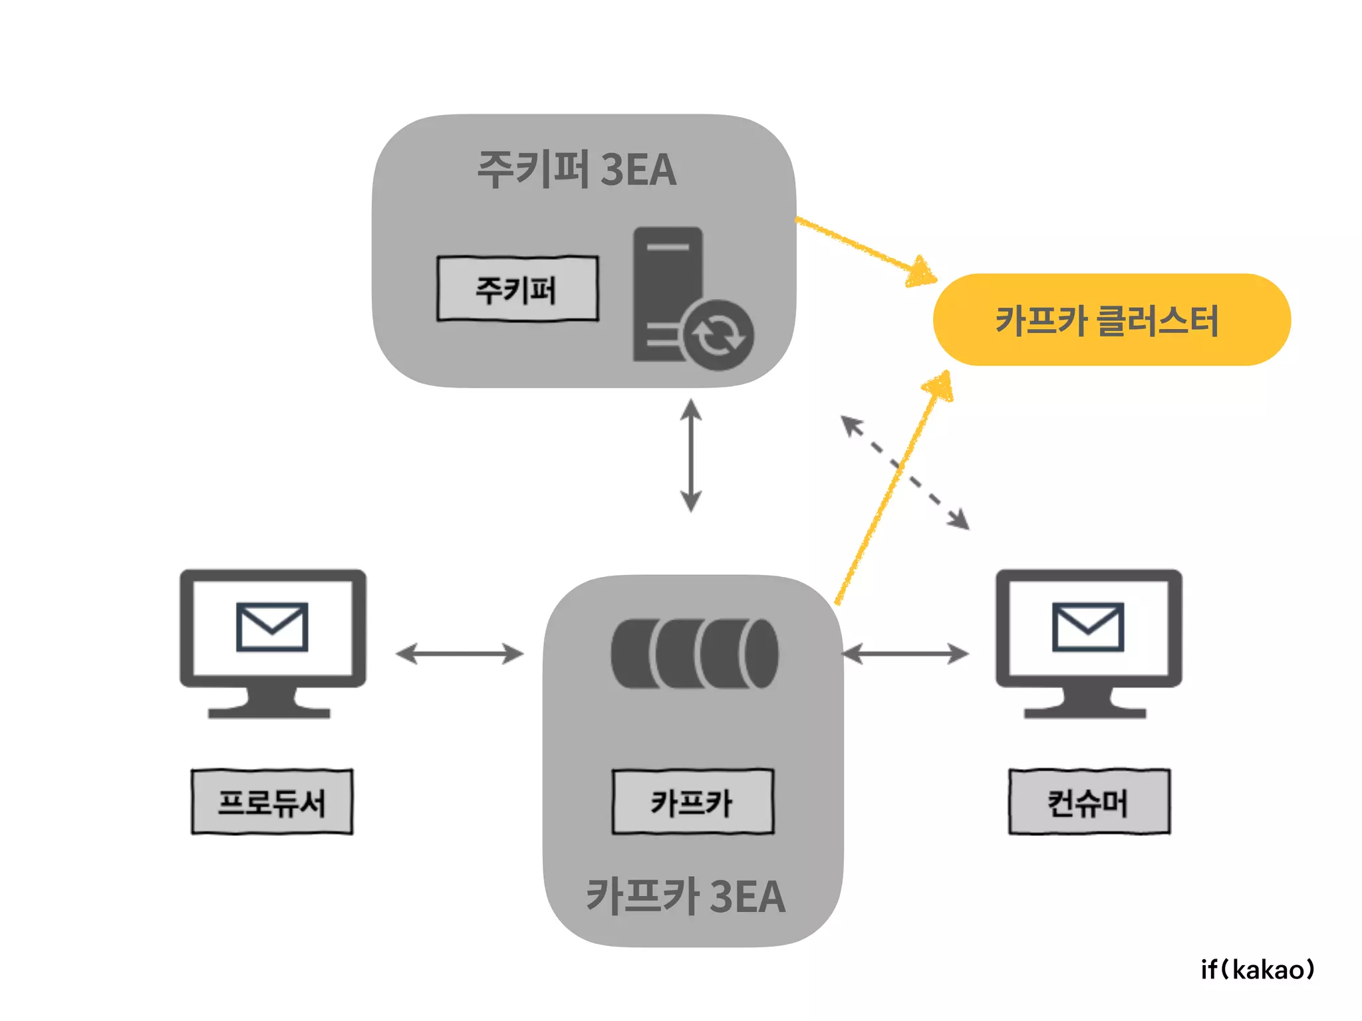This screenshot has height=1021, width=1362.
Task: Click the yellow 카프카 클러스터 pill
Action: pyautogui.click(x=1111, y=320)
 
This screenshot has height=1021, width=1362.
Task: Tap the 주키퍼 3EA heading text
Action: pyautogui.click(x=576, y=169)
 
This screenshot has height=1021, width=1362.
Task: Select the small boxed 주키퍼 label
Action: pyautogui.click(x=517, y=289)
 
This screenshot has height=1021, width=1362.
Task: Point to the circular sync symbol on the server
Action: pyautogui.click(x=718, y=335)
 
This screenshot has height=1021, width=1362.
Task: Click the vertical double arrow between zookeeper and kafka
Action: pyautogui.click(x=691, y=455)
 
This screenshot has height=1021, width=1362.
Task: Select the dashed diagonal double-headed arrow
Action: pyautogui.click(x=905, y=473)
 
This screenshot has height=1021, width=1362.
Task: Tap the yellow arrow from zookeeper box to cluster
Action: pyautogui.click(x=865, y=249)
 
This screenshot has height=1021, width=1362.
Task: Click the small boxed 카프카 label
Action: pyautogui.click(x=692, y=802)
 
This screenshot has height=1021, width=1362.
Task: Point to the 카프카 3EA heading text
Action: pyautogui.click(x=685, y=896)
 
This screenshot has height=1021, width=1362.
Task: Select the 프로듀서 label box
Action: pyautogui.click(x=272, y=802)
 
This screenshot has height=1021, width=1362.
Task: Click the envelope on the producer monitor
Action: pyautogui.click(x=272, y=627)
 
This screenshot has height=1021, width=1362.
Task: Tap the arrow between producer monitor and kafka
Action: pyautogui.click(x=459, y=653)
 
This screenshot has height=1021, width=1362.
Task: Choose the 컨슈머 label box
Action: pyautogui.click(x=1089, y=802)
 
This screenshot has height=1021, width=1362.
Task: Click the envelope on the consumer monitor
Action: pyautogui.click(x=1087, y=627)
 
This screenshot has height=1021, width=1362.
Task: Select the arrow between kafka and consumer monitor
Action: pyautogui.click(x=906, y=653)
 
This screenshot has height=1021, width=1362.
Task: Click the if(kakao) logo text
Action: pyautogui.click(x=1257, y=970)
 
